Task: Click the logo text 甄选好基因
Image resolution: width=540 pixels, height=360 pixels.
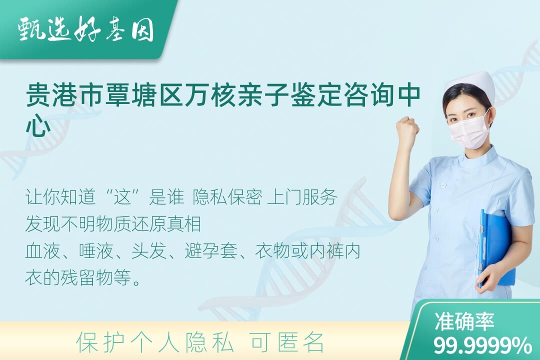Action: [x=85, y=29]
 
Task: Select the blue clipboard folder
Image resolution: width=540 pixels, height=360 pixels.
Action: [x=496, y=248]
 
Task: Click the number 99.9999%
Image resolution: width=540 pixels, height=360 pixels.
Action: [x=482, y=345]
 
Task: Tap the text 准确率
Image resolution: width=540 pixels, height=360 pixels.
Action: [x=464, y=321]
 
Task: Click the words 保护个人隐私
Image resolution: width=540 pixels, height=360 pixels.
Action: [x=155, y=342]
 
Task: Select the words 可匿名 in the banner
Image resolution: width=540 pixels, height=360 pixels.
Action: [x=287, y=342]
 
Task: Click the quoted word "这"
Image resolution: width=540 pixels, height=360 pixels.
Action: [x=123, y=197]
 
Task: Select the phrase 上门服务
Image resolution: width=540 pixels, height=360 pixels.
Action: [x=302, y=197]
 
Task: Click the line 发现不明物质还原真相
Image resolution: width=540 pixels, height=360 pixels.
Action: [x=113, y=224]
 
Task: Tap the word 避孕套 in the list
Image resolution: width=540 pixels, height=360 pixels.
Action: [x=211, y=251]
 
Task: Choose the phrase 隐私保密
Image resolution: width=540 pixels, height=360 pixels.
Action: [x=227, y=197]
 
